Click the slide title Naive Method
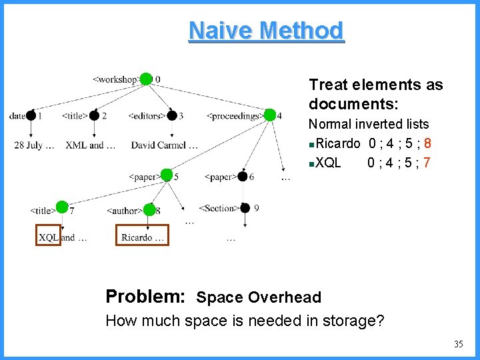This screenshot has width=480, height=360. click(x=267, y=31)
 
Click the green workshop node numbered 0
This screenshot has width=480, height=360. click(x=146, y=79)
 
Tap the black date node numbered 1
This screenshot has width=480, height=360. click(x=31, y=115)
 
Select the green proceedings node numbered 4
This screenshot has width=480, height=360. click(x=269, y=115)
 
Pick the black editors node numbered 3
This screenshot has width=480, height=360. click(x=172, y=115)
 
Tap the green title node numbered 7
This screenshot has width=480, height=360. click(x=62, y=207)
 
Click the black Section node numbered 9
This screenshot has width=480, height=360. click(x=245, y=208)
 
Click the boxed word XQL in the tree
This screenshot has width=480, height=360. click(x=49, y=237)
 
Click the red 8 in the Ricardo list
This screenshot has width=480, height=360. click(x=427, y=143)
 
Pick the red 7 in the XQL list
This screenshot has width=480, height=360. click(x=427, y=162)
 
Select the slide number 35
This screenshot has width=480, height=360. click(x=458, y=344)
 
